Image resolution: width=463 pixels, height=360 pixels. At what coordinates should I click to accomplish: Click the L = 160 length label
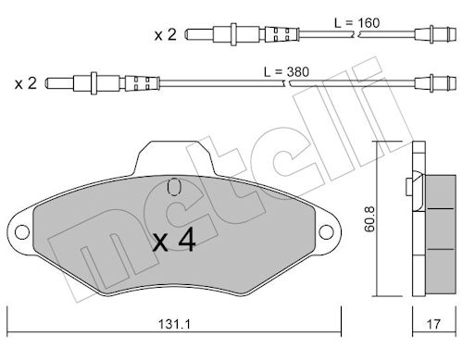coord(357,23)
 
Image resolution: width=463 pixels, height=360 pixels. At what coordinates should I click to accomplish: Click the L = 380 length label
coord(286,72)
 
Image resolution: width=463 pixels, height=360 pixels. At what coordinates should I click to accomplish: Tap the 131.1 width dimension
coord(174,324)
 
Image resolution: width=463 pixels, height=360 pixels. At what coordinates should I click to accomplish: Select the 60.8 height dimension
coord(369,219)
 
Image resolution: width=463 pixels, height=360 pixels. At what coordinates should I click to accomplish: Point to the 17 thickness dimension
coord(433,324)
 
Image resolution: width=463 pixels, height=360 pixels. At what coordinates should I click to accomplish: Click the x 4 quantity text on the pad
coord(174,240)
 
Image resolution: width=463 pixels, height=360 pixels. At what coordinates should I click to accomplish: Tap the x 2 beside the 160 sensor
coord(166,34)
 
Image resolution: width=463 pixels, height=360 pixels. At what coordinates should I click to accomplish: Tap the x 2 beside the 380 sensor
coord(26,83)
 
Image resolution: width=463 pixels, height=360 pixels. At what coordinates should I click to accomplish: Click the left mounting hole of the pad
coord(22,232)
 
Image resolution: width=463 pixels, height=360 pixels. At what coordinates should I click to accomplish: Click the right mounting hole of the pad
coord(326,232)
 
